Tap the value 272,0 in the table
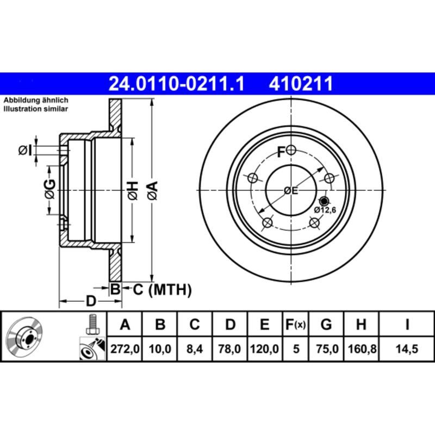click(125, 350)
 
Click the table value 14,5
click(407, 350)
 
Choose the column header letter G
click(326, 325)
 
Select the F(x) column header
click(296, 325)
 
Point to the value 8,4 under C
click(194, 350)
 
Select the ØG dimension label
click(49, 189)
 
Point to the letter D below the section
click(91, 300)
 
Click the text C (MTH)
click(162, 290)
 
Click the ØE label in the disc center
click(291, 190)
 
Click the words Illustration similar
click(36, 109)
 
